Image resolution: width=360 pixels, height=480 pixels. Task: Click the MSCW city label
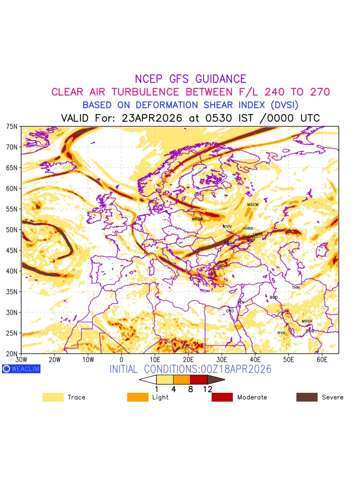click(253, 205)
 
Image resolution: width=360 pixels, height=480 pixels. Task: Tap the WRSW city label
click(197, 219)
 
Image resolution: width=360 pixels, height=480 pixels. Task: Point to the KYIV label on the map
click(228, 227)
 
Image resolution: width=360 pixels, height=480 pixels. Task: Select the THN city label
click(296, 288)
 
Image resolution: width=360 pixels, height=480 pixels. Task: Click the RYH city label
click(282, 333)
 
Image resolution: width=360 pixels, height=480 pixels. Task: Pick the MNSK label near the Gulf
click(307, 321)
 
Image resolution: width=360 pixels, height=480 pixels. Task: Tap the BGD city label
click(274, 298)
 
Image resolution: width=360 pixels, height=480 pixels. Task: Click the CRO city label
click(230, 311)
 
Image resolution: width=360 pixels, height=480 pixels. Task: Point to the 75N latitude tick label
click(12, 126)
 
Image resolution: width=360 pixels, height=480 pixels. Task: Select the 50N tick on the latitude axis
click(12, 230)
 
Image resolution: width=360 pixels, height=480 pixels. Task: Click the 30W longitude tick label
click(21, 360)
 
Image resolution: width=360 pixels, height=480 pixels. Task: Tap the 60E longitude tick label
click(322, 360)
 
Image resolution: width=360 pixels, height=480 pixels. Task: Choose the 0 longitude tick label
click(122, 360)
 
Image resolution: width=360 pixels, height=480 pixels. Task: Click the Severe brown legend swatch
click(307, 397)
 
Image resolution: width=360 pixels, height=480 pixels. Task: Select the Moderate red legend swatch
click(222, 397)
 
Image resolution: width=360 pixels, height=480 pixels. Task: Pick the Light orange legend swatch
click(138, 397)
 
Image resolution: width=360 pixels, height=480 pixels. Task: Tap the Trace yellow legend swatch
click(53, 397)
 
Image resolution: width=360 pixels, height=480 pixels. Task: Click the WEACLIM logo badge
click(21, 369)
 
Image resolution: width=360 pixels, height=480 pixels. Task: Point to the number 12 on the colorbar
click(207, 388)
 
